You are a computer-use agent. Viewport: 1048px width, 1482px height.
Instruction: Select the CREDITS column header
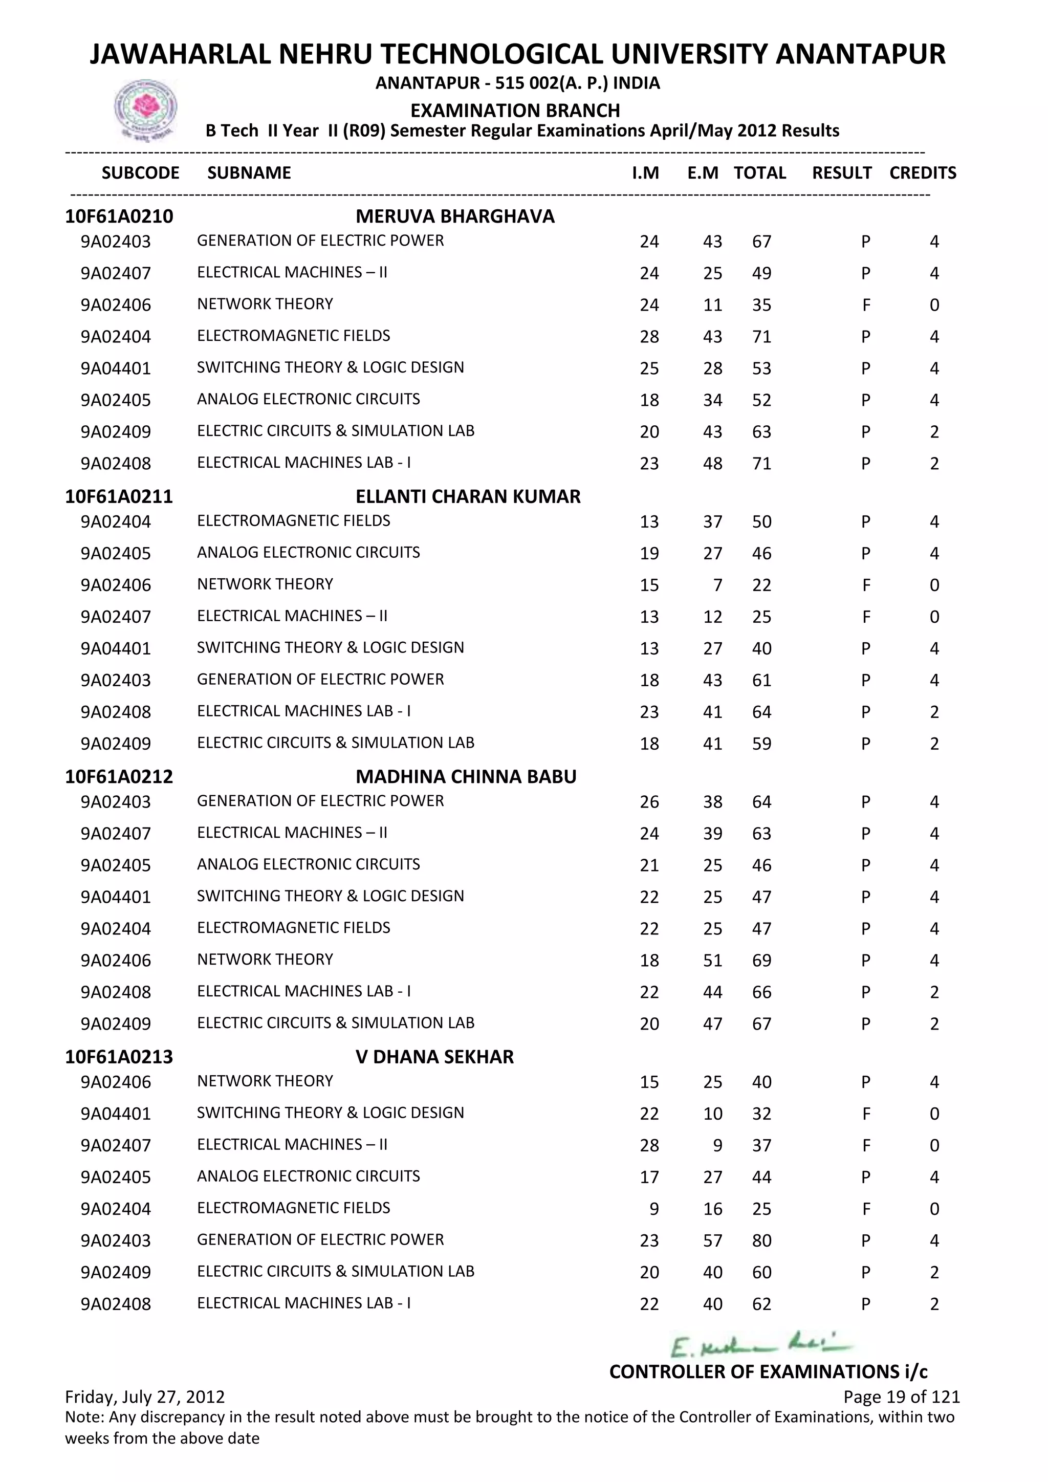(922, 173)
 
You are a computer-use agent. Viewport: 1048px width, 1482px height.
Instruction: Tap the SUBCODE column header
(141, 173)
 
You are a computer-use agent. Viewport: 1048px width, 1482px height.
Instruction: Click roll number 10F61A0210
(119, 216)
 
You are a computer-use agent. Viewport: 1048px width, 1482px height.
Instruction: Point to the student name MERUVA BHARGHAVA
(455, 216)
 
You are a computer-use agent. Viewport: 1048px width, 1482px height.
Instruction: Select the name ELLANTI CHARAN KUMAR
(468, 496)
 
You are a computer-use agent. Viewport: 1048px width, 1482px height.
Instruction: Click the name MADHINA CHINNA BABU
(466, 776)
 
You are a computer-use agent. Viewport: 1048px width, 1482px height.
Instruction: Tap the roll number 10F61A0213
(119, 1057)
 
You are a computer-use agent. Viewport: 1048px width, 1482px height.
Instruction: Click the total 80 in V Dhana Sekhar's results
(761, 1240)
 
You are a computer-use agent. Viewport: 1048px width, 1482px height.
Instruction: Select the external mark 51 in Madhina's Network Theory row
(712, 961)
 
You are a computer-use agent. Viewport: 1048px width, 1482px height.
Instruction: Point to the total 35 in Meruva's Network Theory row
(761, 306)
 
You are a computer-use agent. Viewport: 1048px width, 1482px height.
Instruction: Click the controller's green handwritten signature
(761, 1346)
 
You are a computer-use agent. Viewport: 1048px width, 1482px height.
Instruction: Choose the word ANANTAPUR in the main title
(860, 54)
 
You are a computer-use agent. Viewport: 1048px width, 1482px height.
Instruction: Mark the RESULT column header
(841, 173)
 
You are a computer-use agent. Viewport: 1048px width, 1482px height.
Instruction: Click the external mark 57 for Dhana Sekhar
(712, 1240)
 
